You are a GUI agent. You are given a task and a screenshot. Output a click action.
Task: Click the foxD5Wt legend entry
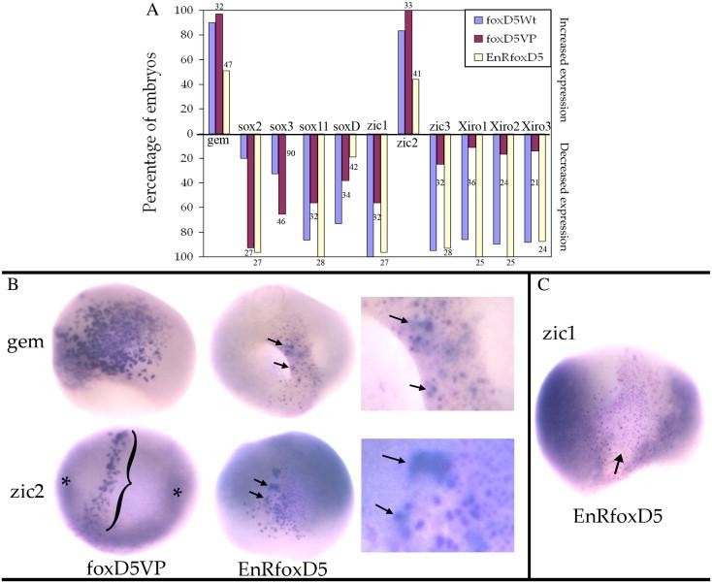(502, 19)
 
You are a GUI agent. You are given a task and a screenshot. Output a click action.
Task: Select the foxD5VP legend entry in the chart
(502, 38)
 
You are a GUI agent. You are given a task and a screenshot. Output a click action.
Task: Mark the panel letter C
(546, 288)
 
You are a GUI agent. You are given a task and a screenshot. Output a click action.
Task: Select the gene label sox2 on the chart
(250, 126)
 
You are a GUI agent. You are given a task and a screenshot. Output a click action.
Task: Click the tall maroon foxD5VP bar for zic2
(408, 72)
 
